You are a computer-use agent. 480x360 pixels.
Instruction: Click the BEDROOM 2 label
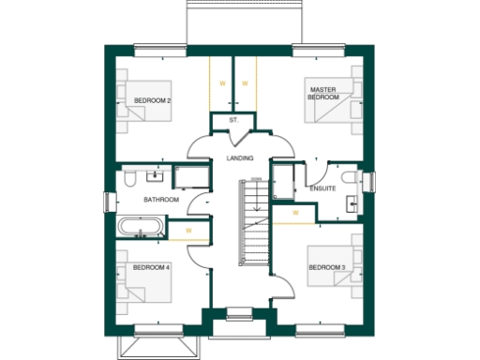tap(151, 99)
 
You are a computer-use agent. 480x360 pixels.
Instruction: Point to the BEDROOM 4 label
tap(151, 267)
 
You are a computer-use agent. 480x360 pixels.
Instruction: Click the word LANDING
tap(240, 158)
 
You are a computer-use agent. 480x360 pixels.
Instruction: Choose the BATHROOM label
tap(160, 200)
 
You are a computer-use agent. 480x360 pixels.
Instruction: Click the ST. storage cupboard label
tap(233, 121)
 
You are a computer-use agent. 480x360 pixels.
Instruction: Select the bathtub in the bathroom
tap(142, 227)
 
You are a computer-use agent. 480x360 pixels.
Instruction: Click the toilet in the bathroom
tap(130, 177)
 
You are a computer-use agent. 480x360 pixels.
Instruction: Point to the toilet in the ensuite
tap(348, 177)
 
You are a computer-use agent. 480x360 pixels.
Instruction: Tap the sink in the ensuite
tap(354, 202)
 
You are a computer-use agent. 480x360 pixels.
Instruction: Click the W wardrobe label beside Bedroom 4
tap(188, 230)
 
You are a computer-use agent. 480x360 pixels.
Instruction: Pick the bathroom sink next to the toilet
tap(156, 175)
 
